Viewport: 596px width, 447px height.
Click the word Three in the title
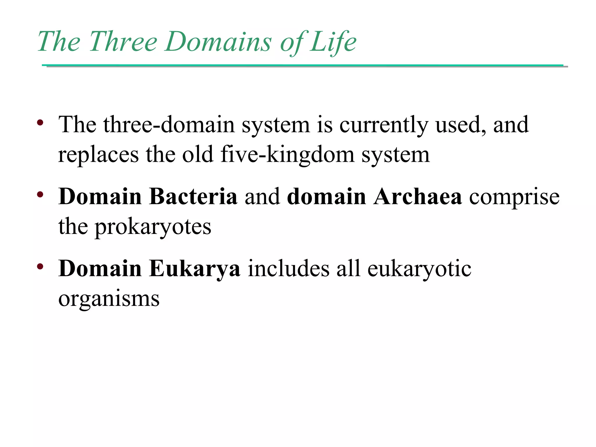click(x=123, y=41)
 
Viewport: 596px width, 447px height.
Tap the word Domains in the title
click(x=218, y=41)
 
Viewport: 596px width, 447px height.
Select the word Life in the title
click(x=333, y=41)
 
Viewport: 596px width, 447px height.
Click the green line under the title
click(x=303, y=65)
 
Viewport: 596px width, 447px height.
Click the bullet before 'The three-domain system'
click(x=40, y=122)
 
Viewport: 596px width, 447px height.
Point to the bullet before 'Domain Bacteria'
click(x=40, y=194)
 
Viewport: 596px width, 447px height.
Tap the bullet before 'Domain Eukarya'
click(x=40, y=266)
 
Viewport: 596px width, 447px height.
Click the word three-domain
click(x=169, y=125)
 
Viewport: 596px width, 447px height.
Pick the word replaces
click(x=98, y=155)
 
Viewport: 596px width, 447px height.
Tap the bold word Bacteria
click(x=193, y=196)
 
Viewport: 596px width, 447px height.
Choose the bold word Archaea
click(x=418, y=196)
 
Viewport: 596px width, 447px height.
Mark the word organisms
click(x=109, y=299)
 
